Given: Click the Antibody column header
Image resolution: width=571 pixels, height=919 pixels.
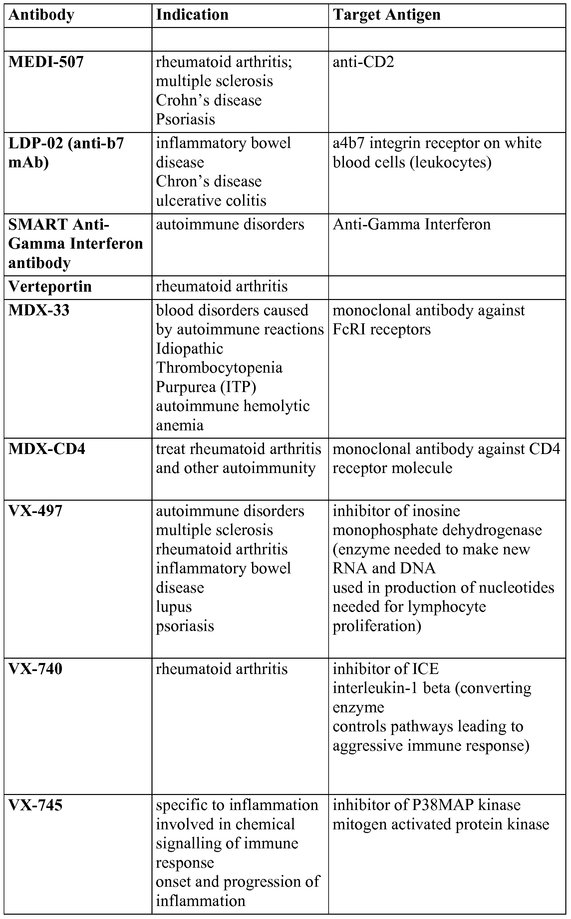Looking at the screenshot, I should tap(41, 15).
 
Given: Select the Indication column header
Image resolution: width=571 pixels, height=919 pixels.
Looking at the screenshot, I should tap(192, 15).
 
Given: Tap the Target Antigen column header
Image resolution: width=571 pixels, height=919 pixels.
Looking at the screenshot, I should tap(386, 15).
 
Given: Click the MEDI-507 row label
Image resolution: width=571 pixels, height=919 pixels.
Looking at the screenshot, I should tap(46, 62).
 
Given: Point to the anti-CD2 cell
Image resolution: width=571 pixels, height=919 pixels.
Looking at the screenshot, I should tap(363, 62).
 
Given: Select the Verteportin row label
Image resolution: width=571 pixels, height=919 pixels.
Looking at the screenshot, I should tap(50, 287).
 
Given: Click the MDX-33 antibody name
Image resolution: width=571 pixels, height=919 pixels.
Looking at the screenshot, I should tap(39, 310).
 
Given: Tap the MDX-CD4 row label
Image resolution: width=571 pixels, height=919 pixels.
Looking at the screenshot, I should tap(47, 449).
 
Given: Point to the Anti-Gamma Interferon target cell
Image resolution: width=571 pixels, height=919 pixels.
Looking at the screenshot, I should tap(412, 225).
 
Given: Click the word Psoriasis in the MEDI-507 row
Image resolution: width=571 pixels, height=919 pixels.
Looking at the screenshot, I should tap(185, 119).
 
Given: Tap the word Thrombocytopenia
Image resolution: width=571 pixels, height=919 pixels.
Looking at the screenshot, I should tap(219, 368).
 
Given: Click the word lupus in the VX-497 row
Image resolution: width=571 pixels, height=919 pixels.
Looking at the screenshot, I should tap(174, 607).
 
